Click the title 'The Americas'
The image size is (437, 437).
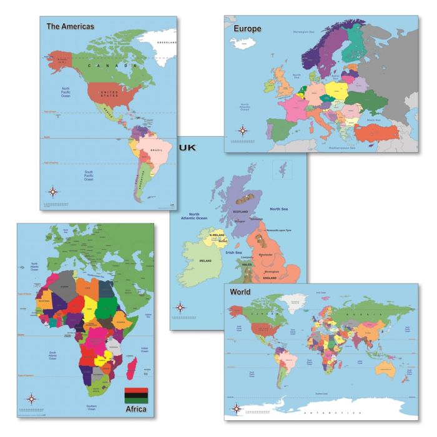(70, 26)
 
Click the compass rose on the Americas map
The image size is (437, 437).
(54, 192)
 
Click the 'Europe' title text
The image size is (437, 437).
(247, 29)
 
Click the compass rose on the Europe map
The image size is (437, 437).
(242, 130)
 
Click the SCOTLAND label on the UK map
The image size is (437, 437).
(241, 212)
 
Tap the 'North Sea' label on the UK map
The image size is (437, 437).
(278, 209)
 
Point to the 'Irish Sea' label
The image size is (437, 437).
(234, 252)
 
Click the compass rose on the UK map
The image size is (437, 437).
(180, 307)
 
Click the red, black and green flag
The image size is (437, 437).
(137, 394)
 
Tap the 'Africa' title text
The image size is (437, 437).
(137, 410)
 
